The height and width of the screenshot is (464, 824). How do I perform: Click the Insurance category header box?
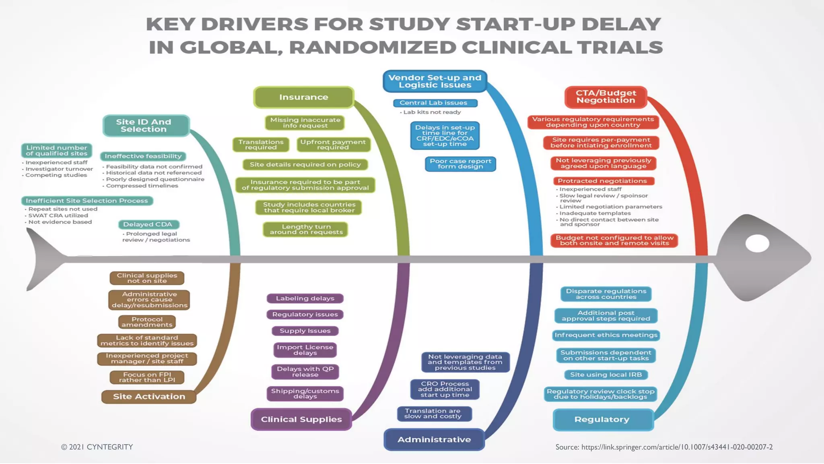click(304, 97)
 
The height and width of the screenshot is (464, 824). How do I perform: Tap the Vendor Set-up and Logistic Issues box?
click(435, 81)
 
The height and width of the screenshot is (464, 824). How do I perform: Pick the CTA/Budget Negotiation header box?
click(606, 97)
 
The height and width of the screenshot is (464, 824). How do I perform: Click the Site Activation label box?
click(149, 397)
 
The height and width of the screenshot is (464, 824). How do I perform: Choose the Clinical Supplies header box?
click(301, 419)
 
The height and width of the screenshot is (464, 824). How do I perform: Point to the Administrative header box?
click(434, 439)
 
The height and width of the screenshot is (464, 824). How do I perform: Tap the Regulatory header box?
click(602, 419)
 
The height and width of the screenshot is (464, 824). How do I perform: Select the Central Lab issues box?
click(435, 103)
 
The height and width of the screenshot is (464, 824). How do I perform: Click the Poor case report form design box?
click(460, 164)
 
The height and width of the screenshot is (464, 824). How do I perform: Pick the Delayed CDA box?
click(148, 224)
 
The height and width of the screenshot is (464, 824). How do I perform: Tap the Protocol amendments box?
click(147, 322)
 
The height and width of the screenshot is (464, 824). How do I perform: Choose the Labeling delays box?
click(305, 298)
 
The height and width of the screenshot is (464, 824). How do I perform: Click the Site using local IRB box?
click(606, 375)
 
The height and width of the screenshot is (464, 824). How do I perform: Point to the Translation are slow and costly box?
click(434, 414)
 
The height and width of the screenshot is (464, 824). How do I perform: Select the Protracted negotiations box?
click(602, 181)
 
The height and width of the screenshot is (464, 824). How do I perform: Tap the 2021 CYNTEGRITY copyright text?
click(97, 447)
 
